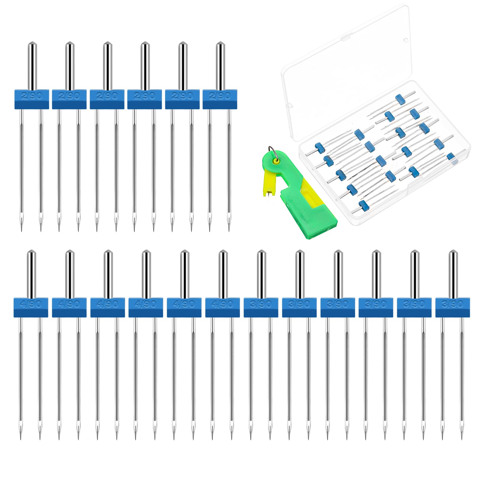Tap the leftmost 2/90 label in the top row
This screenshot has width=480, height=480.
[31, 96]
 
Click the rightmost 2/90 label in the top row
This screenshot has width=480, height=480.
[220, 96]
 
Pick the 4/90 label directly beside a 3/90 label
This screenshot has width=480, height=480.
[222, 304]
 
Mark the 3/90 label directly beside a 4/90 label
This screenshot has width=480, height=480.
[261, 304]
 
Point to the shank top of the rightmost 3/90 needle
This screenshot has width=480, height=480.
[453, 253]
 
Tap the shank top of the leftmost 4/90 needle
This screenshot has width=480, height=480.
[31, 253]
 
